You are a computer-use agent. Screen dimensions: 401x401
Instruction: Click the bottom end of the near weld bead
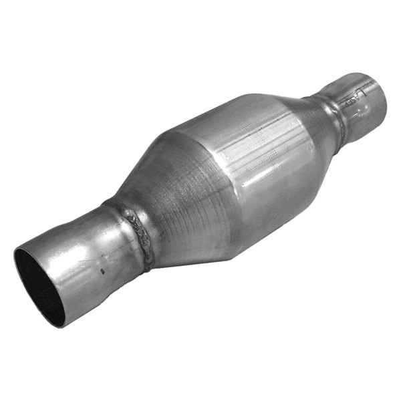(148, 267)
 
